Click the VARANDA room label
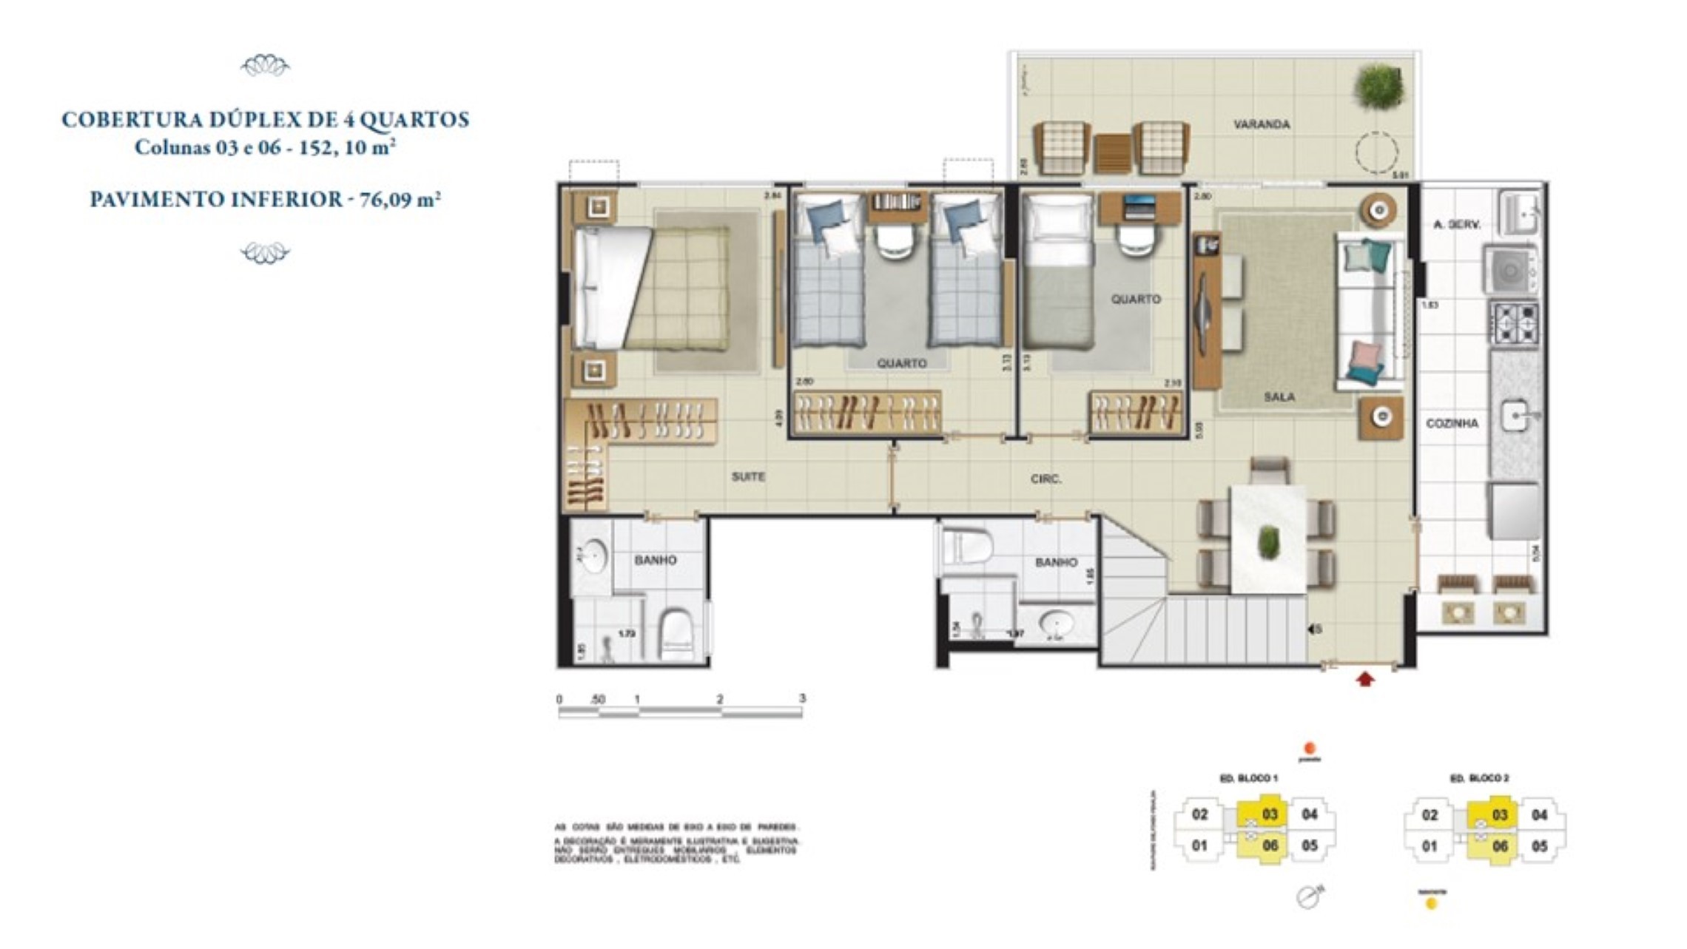pos(1262,124)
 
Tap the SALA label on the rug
pos(1279,397)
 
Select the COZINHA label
pos(1452,423)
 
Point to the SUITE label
pos(748,477)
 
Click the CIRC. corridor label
pos(1045,479)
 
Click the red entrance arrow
pos(1365,679)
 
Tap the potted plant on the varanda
pos(1378,86)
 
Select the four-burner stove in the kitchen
pos(1515,323)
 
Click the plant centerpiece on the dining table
pos(1268,541)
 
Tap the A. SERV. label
pos(1456,224)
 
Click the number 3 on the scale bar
pos(802,698)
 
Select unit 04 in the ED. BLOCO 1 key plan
pos(1310,814)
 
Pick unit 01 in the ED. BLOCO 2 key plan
pos(1430,846)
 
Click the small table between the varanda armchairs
pos(1113,153)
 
